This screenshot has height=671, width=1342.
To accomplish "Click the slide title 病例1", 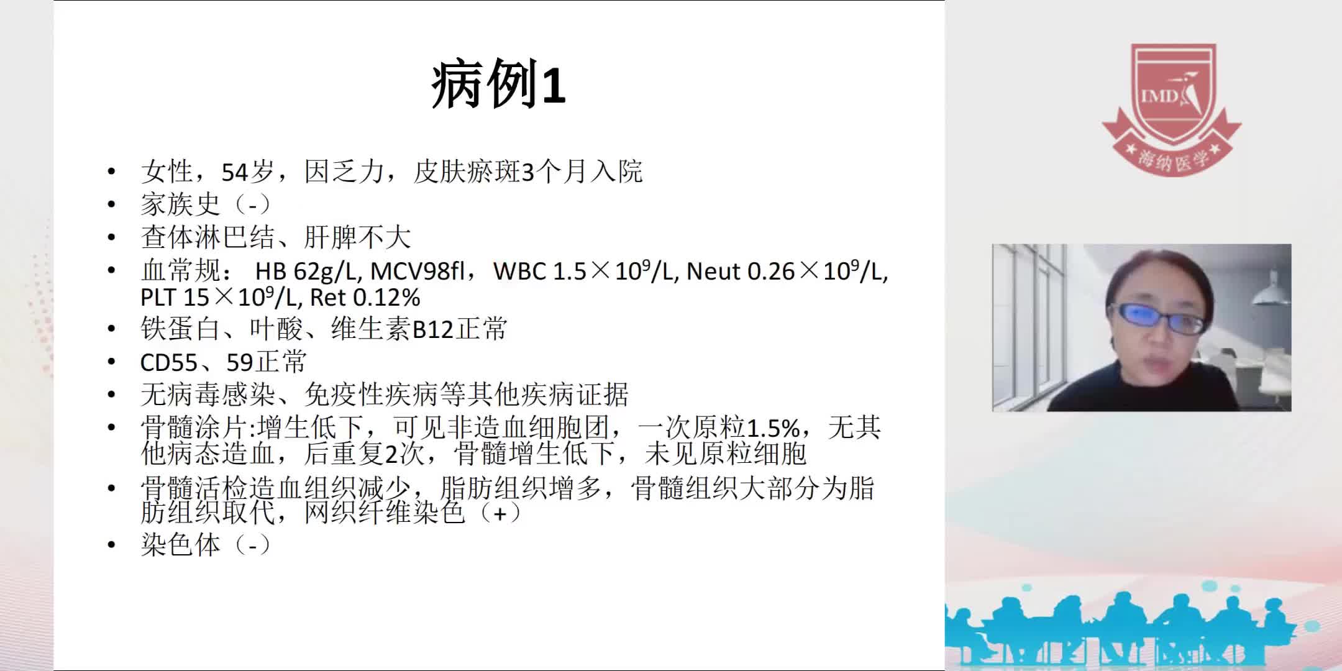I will point(498,86).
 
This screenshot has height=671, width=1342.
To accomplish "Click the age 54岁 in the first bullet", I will point(247,172).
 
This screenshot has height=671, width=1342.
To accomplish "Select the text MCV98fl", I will point(418,272).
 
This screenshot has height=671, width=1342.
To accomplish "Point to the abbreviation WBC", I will point(520,272).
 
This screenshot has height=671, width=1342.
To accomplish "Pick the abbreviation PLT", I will point(158,298).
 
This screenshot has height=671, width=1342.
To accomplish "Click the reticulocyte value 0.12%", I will point(386,298).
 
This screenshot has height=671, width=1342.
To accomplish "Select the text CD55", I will point(168,362).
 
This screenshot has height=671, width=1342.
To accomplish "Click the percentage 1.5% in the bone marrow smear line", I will point(773,428).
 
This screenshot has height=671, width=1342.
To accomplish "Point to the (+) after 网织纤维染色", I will point(500,514).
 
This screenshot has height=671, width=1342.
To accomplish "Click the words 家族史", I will point(180,204).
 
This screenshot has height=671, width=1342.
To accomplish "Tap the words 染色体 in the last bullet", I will point(180,545).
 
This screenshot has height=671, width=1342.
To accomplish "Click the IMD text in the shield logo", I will point(1159,96).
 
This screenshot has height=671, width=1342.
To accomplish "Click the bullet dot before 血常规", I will point(111,271).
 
